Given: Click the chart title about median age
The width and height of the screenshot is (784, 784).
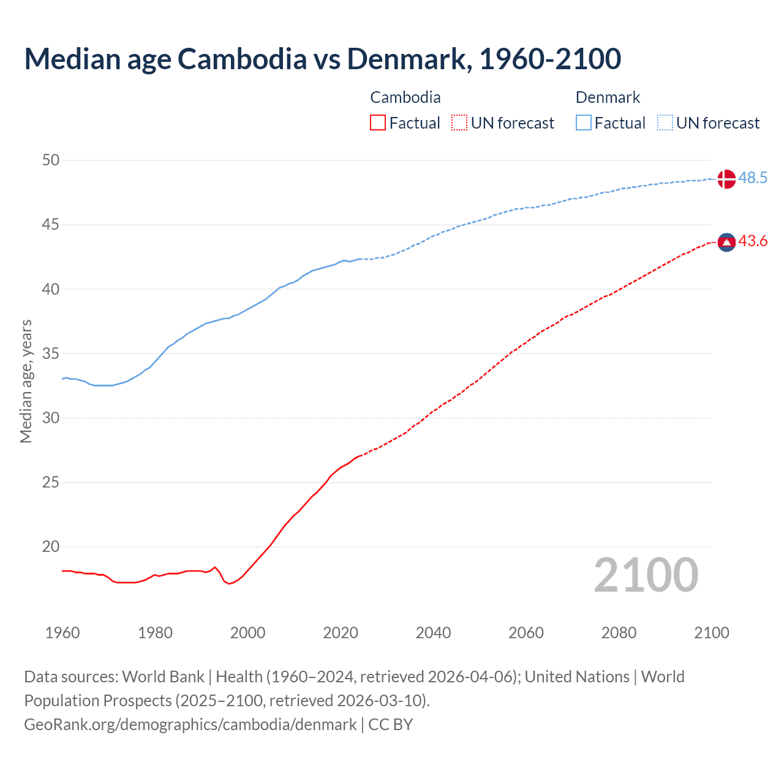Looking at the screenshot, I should [x=323, y=59].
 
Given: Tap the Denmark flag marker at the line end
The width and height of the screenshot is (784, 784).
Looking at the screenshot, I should [x=726, y=178].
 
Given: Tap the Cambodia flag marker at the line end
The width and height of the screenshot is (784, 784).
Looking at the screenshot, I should [x=726, y=243].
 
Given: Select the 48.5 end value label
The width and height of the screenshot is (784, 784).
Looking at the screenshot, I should [x=753, y=178].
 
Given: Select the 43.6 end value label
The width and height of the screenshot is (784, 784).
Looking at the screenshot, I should [x=753, y=241].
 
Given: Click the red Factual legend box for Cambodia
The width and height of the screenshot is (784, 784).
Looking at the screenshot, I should [x=378, y=123].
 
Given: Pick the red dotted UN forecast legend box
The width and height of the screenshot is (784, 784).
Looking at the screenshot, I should [x=459, y=123].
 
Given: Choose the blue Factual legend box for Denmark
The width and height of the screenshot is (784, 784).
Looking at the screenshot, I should [x=584, y=123].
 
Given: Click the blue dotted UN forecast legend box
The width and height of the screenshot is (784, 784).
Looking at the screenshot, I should [x=665, y=123].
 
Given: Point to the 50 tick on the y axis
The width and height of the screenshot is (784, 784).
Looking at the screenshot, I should [x=51, y=160].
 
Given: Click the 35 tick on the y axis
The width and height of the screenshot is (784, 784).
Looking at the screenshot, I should [x=51, y=354].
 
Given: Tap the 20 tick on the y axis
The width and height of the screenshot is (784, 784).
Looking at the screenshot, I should [x=51, y=547].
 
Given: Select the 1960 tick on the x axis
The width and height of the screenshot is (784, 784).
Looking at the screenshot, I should [x=62, y=633].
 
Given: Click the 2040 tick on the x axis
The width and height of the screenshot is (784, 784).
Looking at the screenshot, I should [x=433, y=633].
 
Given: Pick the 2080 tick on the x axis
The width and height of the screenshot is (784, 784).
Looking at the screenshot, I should [x=619, y=633].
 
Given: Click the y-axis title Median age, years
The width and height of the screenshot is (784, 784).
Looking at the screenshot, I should [x=26, y=381].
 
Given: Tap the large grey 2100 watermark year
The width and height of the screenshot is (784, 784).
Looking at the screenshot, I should [x=646, y=575].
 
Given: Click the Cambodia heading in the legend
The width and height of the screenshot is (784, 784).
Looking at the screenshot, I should [x=405, y=97].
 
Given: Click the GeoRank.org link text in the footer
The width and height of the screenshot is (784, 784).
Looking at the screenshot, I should [x=190, y=725].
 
